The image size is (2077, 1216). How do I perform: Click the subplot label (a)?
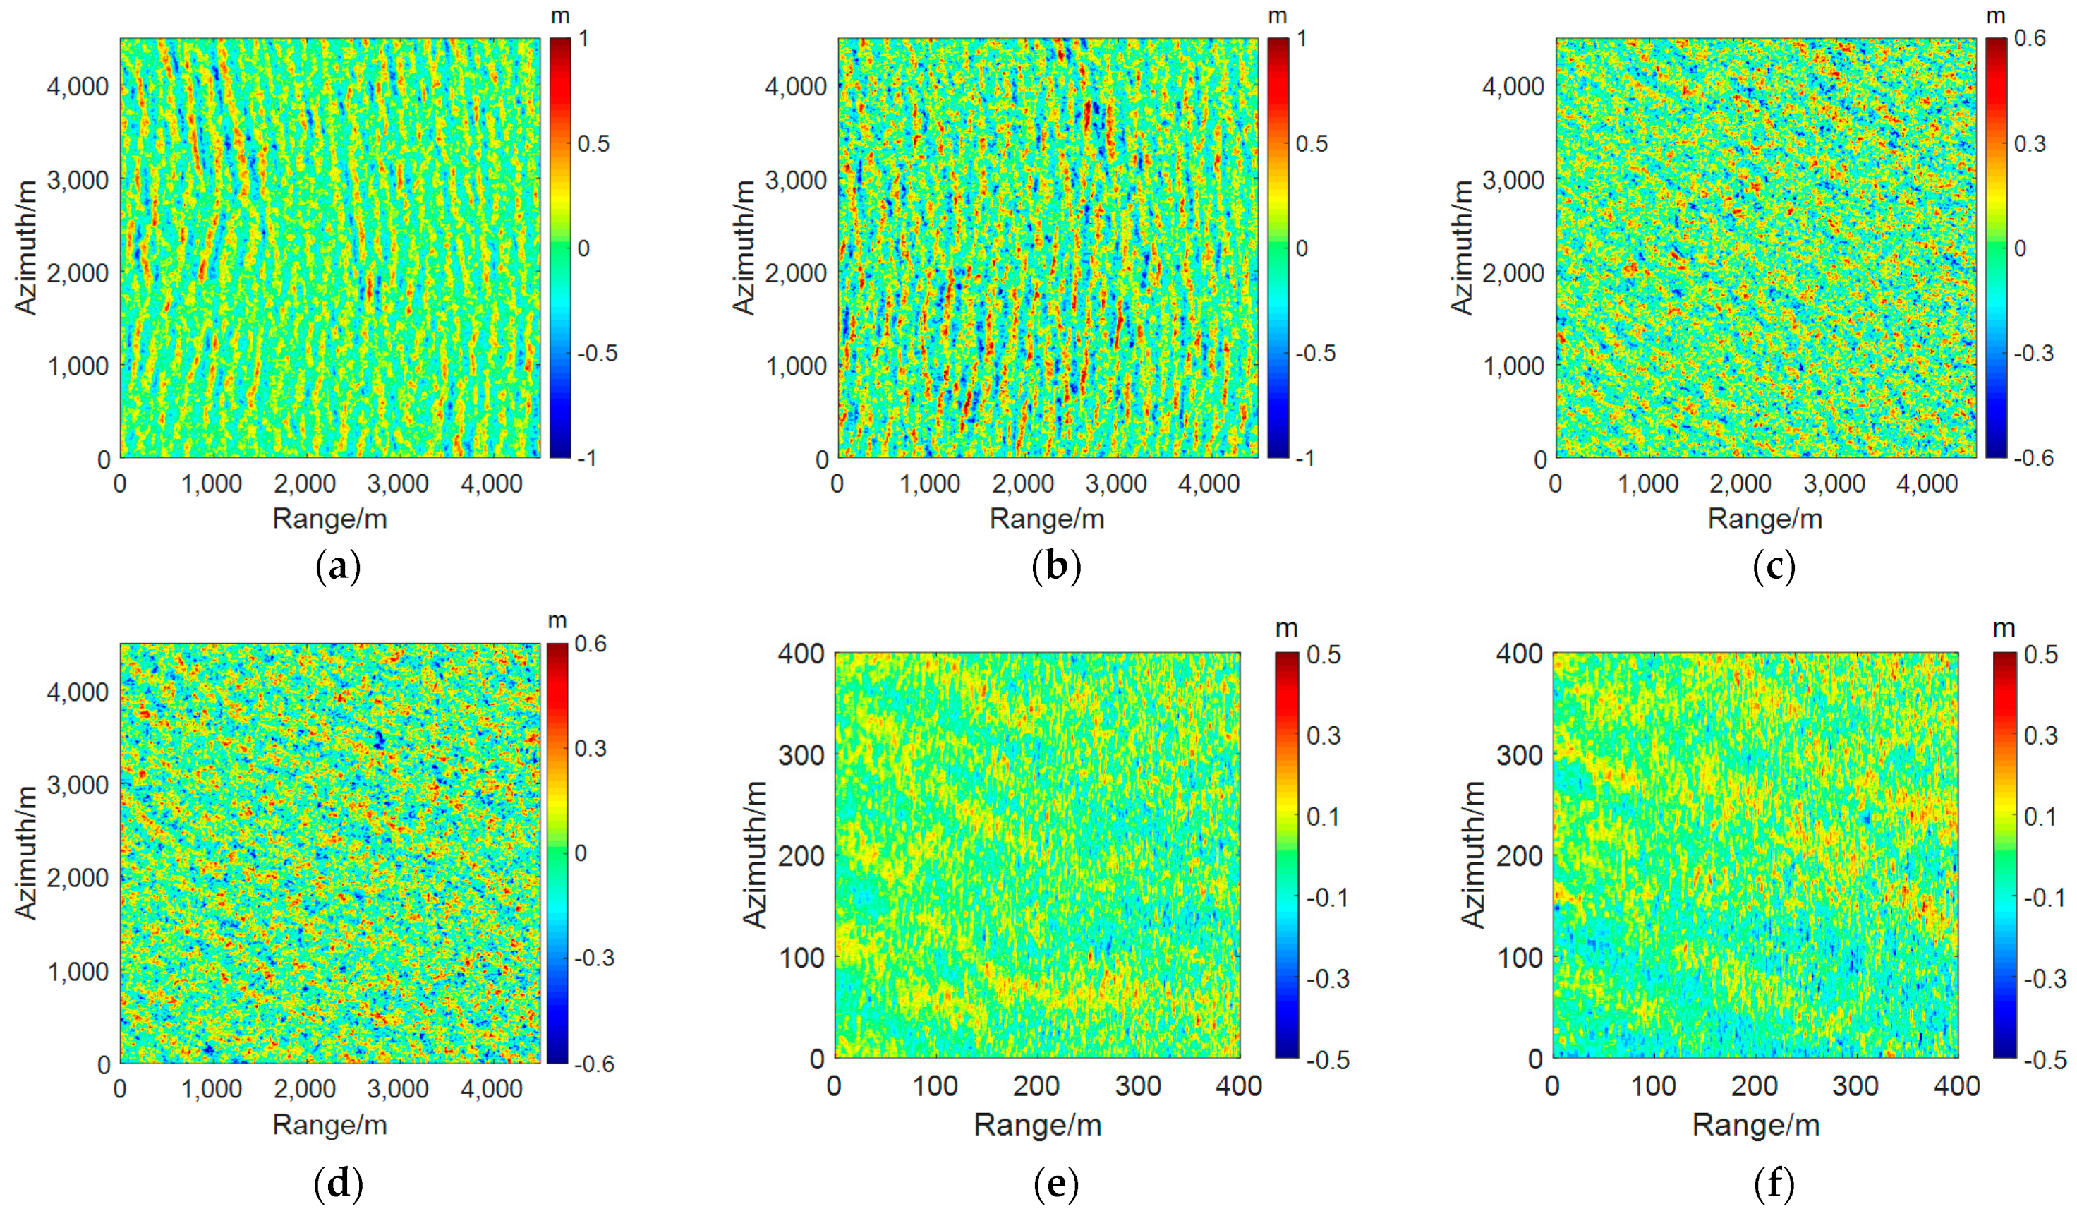click(338, 567)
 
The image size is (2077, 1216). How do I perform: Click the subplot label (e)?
click(1056, 1185)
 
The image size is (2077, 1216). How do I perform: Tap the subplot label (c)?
click(1774, 567)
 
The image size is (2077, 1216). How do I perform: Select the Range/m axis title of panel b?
click(1047, 519)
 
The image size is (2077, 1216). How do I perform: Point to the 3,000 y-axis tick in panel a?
click(78, 180)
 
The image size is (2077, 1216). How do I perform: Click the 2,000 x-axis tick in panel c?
click(1740, 484)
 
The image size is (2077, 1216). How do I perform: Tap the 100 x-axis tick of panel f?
click(1654, 1085)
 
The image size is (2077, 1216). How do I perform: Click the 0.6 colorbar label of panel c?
click(2030, 39)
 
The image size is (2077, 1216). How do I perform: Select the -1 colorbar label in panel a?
click(586, 458)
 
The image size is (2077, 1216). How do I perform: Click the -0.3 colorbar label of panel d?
click(594, 958)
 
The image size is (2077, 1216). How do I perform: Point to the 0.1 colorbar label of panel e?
click(1324, 816)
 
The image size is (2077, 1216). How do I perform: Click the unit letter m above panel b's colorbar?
click(1278, 16)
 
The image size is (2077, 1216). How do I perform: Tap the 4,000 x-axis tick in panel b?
click(1209, 484)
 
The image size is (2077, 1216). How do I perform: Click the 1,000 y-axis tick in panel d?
click(78, 971)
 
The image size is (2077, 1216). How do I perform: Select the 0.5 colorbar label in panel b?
click(1312, 143)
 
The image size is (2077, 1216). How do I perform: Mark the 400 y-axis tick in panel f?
click(1518, 654)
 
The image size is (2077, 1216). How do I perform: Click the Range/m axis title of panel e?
click(1038, 1124)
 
